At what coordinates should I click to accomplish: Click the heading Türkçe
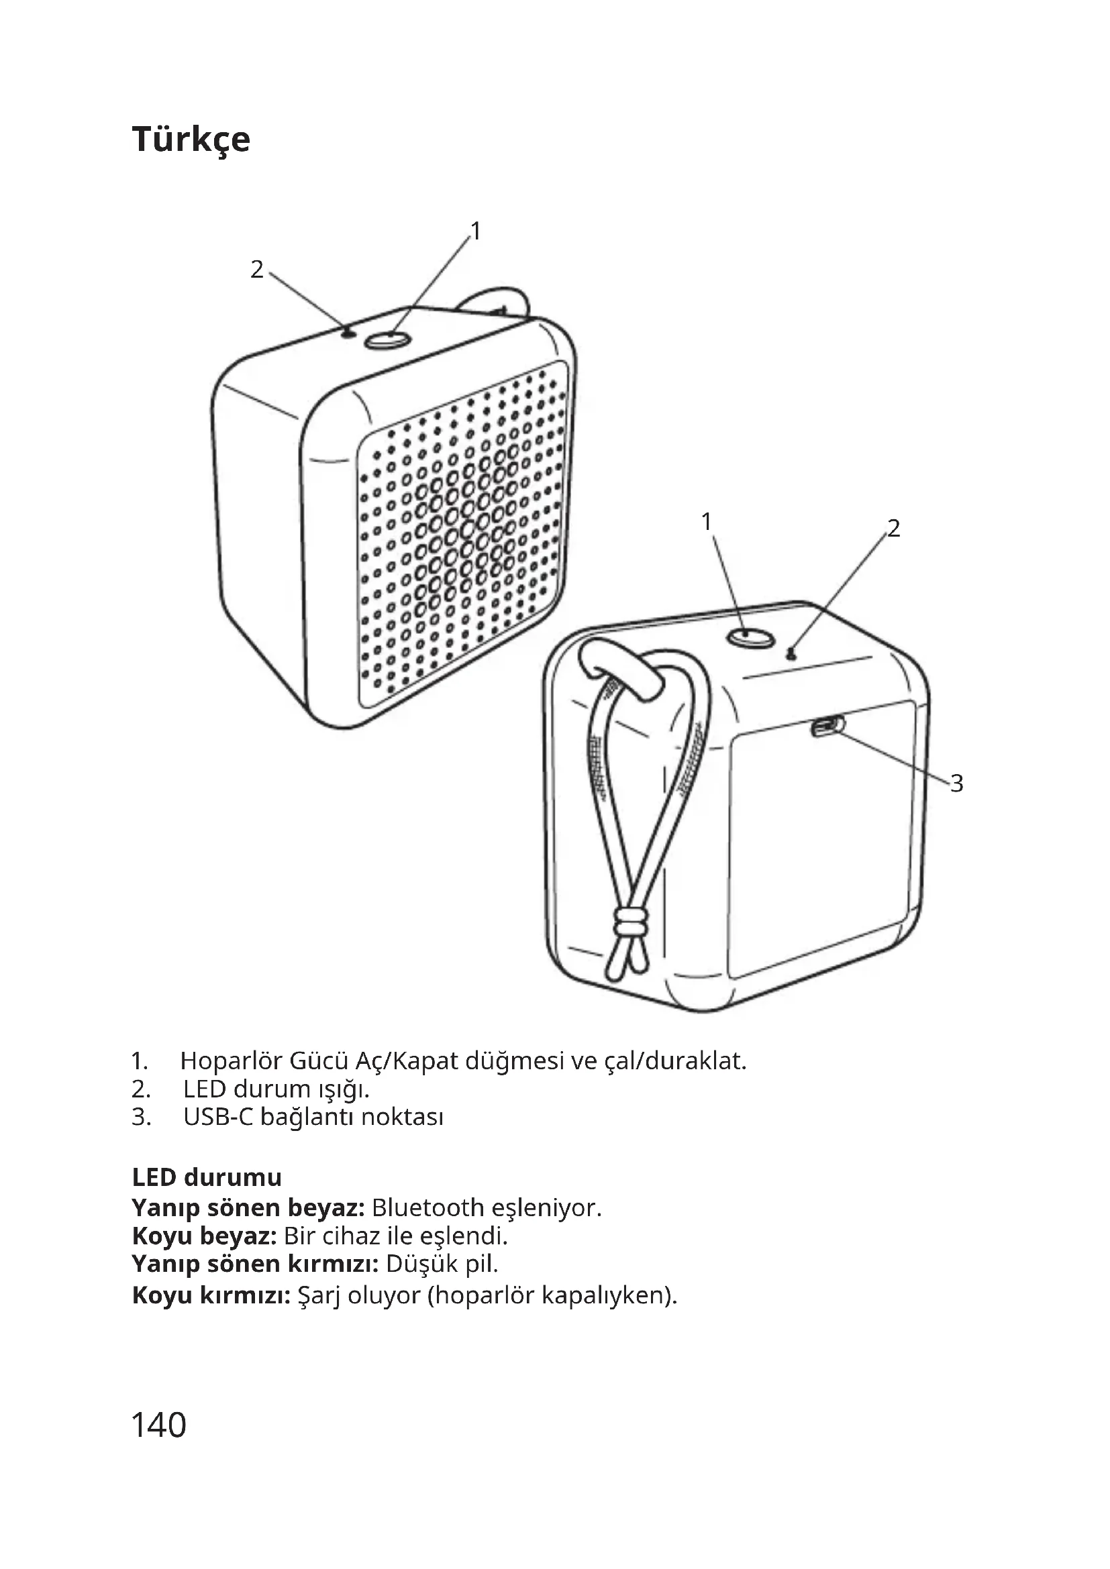(x=191, y=140)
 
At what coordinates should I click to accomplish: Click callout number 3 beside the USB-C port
(x=956, y=783)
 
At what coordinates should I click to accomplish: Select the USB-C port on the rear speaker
(x=827, y=726)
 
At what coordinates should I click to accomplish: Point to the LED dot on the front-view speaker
(x=349, y=333)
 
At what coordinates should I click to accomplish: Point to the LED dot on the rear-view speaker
(x=791, y=655)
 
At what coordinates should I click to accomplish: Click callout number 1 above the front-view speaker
(x=476, y=231)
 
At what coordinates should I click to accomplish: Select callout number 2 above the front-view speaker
(x=257, y=270)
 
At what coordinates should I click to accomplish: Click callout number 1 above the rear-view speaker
(x=707, y=521)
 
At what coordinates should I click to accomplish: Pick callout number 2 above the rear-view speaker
(x=893, y=528)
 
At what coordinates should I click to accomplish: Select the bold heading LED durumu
(x=207, y=1177)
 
